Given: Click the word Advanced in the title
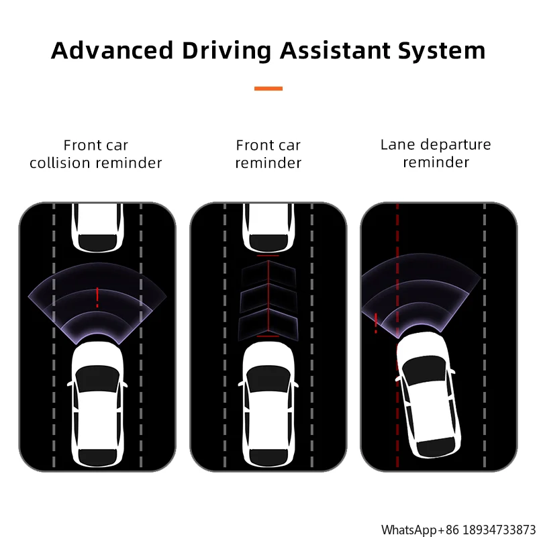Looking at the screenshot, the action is point(112,51).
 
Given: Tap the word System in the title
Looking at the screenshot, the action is point(442,52).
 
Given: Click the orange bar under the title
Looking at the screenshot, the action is point(268,89).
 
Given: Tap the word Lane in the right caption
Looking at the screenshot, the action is point(398,144).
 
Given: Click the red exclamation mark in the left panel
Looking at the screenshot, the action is point(97,297).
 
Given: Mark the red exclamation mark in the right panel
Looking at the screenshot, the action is point(376,323).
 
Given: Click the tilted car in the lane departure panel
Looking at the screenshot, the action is point(427,395).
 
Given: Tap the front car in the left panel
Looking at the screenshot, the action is point(97,228).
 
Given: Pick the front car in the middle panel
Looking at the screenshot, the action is point(268,228).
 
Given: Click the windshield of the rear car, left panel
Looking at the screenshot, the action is point(97,379).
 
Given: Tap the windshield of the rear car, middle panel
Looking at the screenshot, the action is point(268,379).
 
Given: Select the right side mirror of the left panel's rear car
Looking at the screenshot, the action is point(124,384).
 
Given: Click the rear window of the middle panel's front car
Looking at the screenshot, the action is point(268,243).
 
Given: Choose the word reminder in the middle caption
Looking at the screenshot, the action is point(268,163).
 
